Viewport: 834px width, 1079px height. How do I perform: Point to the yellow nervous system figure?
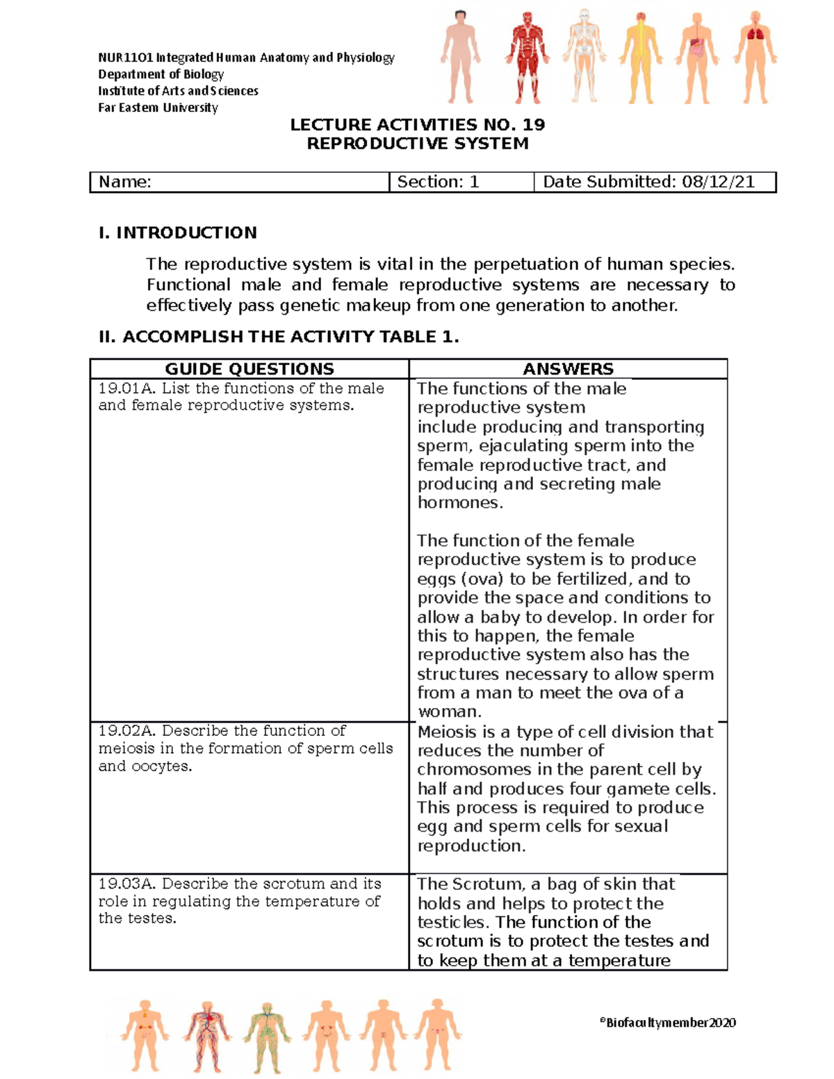[640, 57]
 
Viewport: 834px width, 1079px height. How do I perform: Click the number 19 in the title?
[533, 125]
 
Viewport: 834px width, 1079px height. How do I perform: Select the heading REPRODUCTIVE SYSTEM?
[417, 144]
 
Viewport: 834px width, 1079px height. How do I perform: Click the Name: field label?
[125, 182]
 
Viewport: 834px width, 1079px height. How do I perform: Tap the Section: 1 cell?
[438, 182]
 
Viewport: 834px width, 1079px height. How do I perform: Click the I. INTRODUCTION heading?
[178, 233]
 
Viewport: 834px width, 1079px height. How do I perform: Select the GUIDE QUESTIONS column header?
[250, 369]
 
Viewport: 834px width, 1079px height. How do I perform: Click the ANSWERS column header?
[568, 369]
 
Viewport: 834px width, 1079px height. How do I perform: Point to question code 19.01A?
[127, 388]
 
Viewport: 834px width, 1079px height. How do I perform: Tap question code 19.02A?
[127, 731]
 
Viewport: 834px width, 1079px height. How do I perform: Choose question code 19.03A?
[127, 884]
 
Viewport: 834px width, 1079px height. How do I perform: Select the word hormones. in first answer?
[460, 503]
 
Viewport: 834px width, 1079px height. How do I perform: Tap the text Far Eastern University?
[158, 108]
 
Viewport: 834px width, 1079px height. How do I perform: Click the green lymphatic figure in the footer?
[266, 1035]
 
